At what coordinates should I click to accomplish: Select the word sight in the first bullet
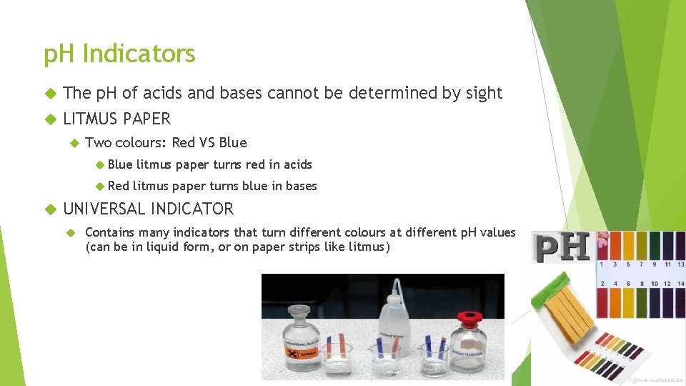(x=484, y=93)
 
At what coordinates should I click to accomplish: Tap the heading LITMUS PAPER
(x=117, y=119)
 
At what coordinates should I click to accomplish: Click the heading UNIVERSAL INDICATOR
(x=149, y=209)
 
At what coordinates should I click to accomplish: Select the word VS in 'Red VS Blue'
(x=207, y=142)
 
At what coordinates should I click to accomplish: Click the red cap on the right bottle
(x=469, y=317)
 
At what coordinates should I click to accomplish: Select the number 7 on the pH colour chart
(x=637, y=264)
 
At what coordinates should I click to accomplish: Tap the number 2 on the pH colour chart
(x=604, y=283)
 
